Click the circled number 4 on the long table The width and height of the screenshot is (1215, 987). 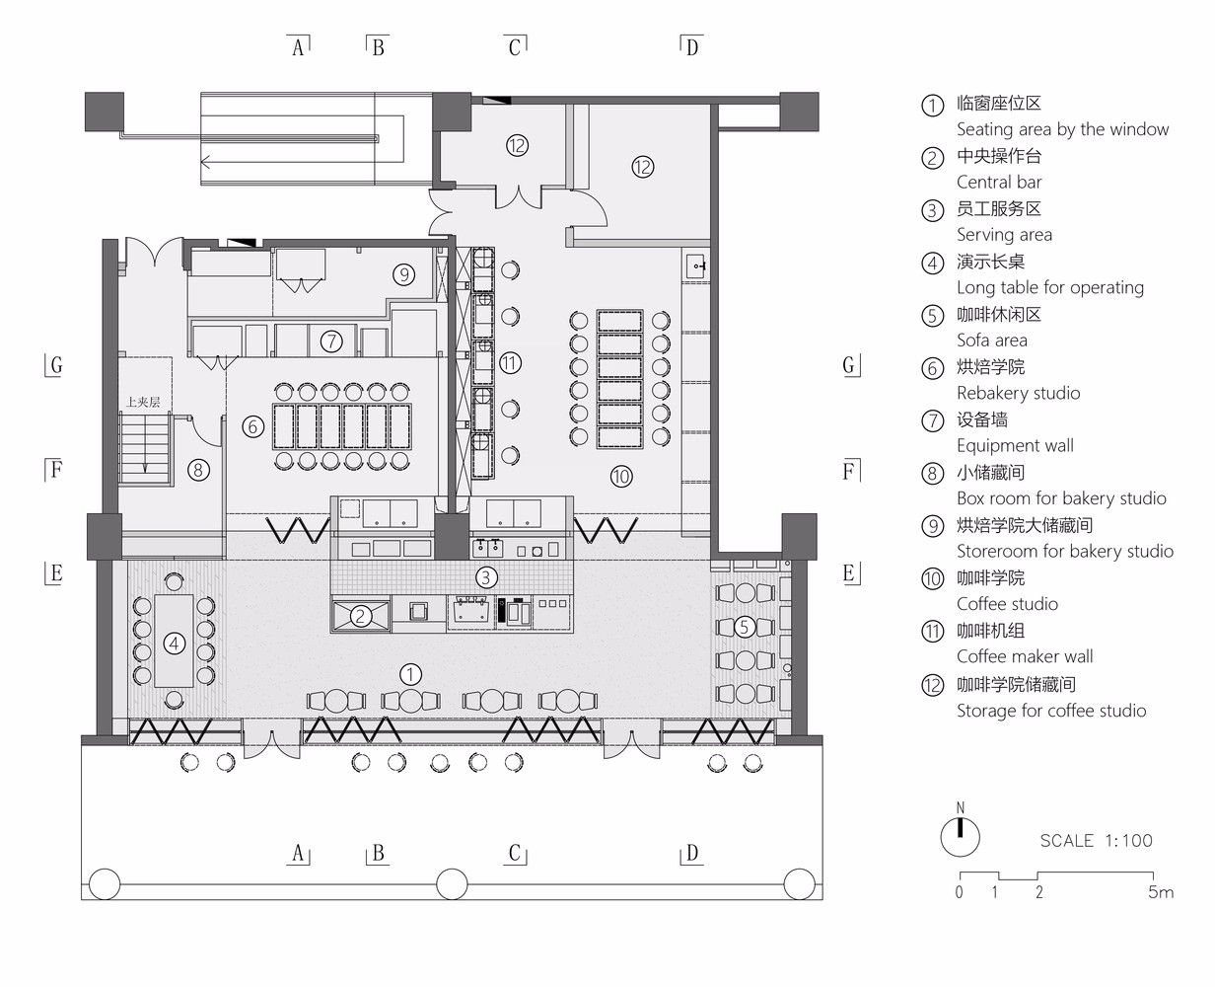click(174, 644)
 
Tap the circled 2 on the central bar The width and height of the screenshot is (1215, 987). click(361, 616)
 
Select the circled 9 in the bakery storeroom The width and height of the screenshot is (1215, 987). click(404, 275)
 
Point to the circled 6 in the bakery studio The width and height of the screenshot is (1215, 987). click(253, 426)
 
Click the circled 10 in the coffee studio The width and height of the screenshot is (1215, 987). click(621, 476)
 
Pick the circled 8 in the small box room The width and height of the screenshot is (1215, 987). click(198, 471)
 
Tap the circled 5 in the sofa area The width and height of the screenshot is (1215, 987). click(744, 627)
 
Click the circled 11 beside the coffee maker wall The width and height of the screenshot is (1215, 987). click(510, 363)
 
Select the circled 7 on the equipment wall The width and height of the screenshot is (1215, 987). click(331, 342)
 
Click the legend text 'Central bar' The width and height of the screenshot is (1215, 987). click(999, 182)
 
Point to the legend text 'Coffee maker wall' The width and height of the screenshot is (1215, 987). click(1025, 656)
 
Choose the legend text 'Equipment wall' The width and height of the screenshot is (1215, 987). click(1015, 445)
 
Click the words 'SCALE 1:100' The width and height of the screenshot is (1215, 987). click(1097, 841)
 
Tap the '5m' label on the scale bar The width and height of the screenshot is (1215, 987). click(1161, 891)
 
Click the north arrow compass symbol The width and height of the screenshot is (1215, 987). click(960, 836)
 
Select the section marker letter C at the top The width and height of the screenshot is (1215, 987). click(515, 46)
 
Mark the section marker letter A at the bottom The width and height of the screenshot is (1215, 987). click(298, 854)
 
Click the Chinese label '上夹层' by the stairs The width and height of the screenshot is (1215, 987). click(143, 402)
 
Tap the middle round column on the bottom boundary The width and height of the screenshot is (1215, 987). click(452, 884)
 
